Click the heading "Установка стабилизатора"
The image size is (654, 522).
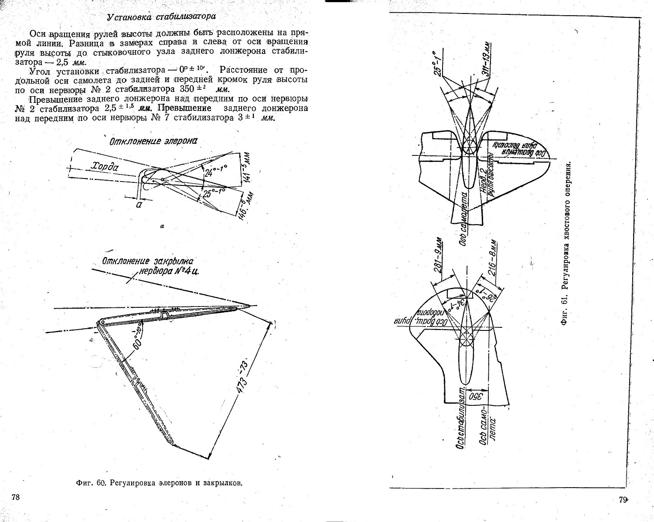click(x=161, y=17)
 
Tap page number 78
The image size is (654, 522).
click(x=16, y=497)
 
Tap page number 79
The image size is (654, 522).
click(x=623, y=500)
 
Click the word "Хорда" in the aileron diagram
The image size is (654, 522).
click(x=105, y=166)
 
